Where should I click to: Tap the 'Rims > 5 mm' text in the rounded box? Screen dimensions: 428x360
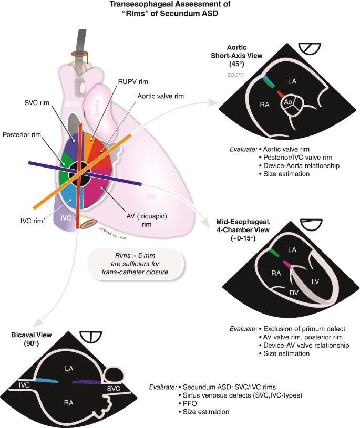tap(136, 254)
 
